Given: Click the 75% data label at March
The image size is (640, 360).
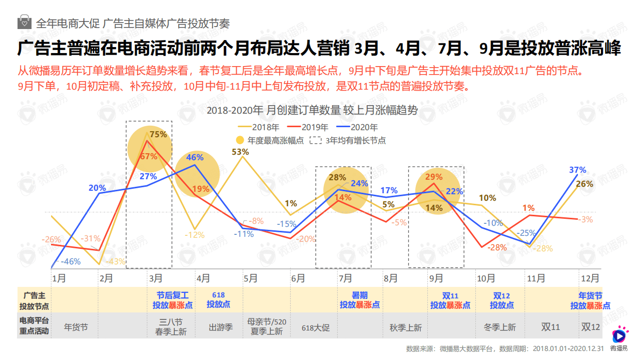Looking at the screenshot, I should [x=158, y=134].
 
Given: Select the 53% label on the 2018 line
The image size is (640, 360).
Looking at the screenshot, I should [x=240, y=152].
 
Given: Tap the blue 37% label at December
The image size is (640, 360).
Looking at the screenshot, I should [x=577, y=170].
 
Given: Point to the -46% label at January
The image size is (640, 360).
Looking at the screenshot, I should [x=70, y=261].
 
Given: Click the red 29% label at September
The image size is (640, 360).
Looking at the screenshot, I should [x=434, y=177].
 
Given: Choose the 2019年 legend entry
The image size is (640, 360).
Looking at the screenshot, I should [x=314, y=127].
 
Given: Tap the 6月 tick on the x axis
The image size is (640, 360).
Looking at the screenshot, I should [x=298, y=278].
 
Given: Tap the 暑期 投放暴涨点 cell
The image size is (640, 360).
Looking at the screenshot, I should [x=360, y=300].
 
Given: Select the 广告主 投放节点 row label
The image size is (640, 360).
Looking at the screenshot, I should [x=34, y=300].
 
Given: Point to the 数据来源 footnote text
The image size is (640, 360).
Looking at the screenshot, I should [x=505, y=348].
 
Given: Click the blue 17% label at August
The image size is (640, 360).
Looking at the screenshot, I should [x=389, y=190].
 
